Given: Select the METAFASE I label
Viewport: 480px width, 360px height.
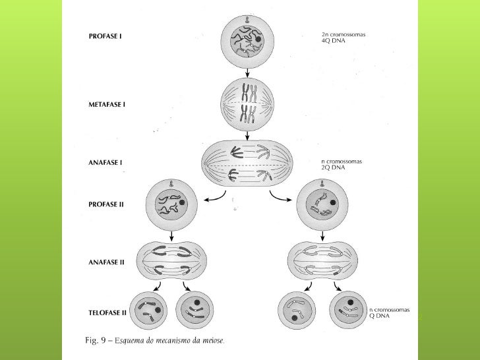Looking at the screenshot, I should click(x=107, y=105).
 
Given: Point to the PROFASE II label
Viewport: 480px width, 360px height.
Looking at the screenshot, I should click(x=105, y=204).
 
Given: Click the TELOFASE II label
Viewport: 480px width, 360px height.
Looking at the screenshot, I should click(x=108, y=309).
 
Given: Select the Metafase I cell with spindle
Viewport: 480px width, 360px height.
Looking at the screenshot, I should click(x=247, y=104).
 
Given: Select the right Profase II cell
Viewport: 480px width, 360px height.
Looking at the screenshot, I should click(x=321, y=205).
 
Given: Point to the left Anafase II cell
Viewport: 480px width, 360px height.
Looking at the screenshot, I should click(x=172, y=261).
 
